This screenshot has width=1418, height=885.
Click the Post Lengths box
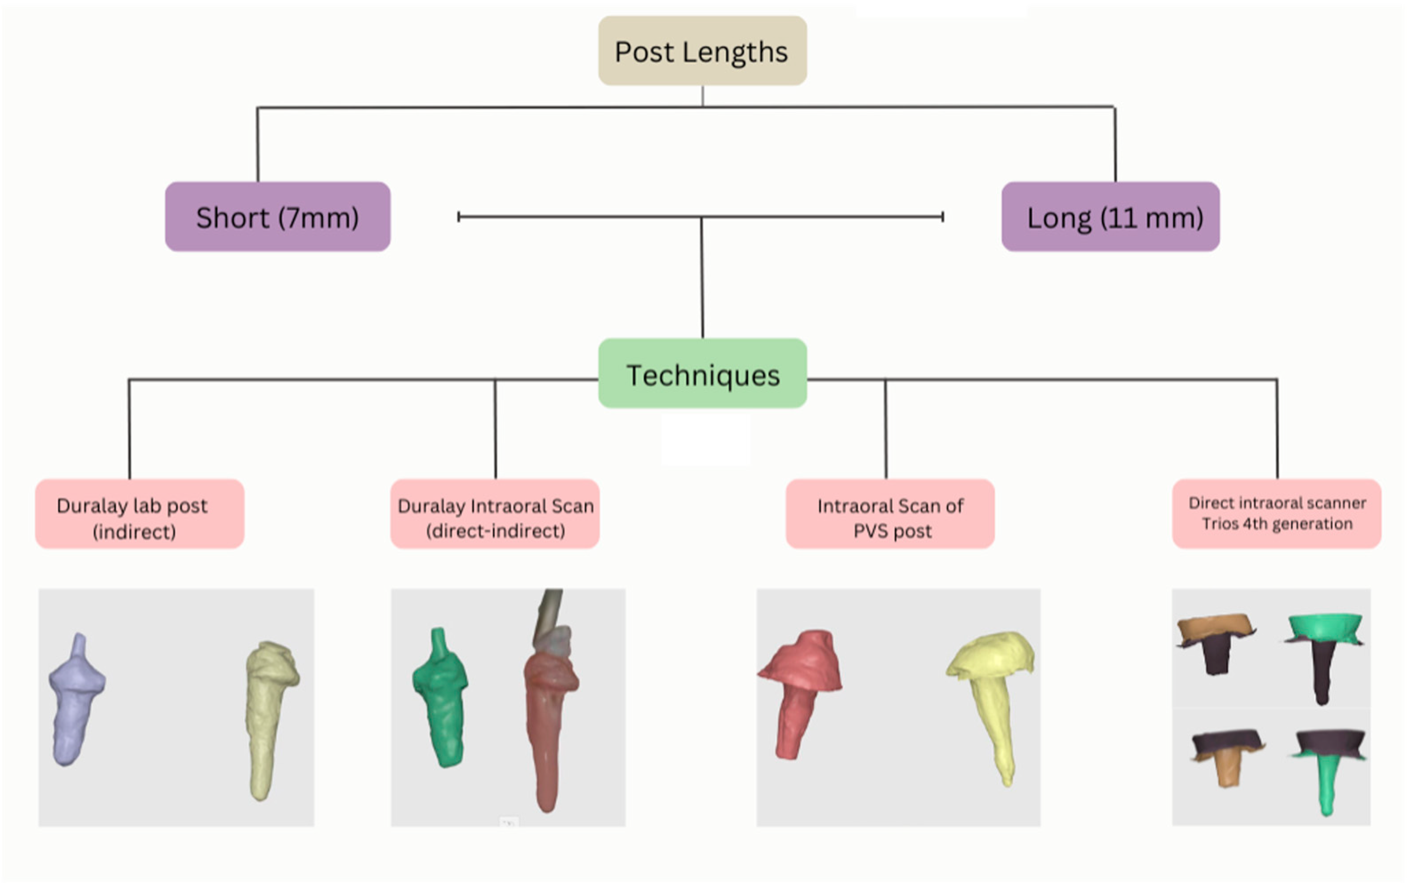702,51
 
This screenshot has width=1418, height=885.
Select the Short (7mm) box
277,217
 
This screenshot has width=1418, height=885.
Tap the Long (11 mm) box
1110,217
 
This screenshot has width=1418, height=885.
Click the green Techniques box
702,374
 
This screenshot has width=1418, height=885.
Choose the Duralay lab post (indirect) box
139,514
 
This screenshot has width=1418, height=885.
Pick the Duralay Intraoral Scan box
495,514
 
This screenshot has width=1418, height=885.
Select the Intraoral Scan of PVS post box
890,514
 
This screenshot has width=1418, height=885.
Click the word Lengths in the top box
735,52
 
